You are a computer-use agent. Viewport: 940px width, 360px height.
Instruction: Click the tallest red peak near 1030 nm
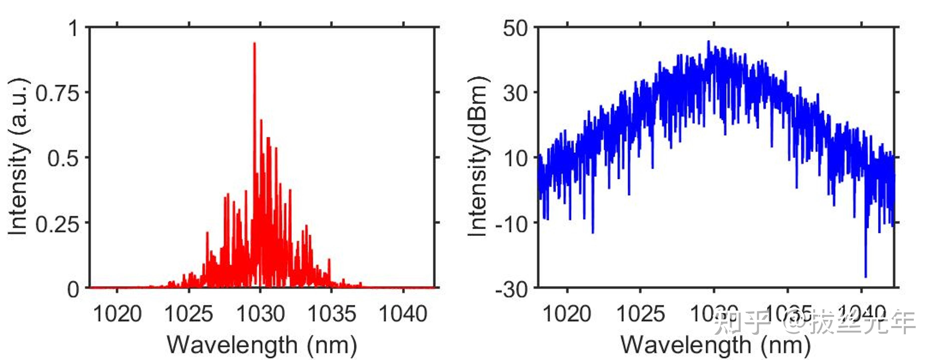(x=254, y=44)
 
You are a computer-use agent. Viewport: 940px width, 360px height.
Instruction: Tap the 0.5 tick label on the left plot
(x=63, y=159)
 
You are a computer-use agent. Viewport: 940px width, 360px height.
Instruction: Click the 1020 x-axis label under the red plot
(x=117, y=314)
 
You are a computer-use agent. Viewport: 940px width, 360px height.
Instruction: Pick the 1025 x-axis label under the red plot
(x=189, y=314)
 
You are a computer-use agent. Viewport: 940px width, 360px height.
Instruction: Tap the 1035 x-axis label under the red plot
(x=331, y=314)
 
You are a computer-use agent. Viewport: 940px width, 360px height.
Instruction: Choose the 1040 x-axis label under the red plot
(x=403, y=314)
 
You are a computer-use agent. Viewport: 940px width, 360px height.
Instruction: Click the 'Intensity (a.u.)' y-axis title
(x=18, y=157)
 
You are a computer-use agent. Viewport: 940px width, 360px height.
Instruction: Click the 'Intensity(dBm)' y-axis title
(x=478, y=157)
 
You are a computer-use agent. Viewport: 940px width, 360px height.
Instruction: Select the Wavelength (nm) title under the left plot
(x=262, y=345)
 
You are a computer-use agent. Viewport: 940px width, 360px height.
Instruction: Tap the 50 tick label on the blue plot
(x=515, y=28)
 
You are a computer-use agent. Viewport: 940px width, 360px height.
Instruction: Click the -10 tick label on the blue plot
(x=512, y=224)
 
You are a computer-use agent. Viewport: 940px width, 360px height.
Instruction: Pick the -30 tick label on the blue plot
(x=512, y=290)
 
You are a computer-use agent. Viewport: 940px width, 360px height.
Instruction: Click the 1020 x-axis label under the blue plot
(x=567, y=314)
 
